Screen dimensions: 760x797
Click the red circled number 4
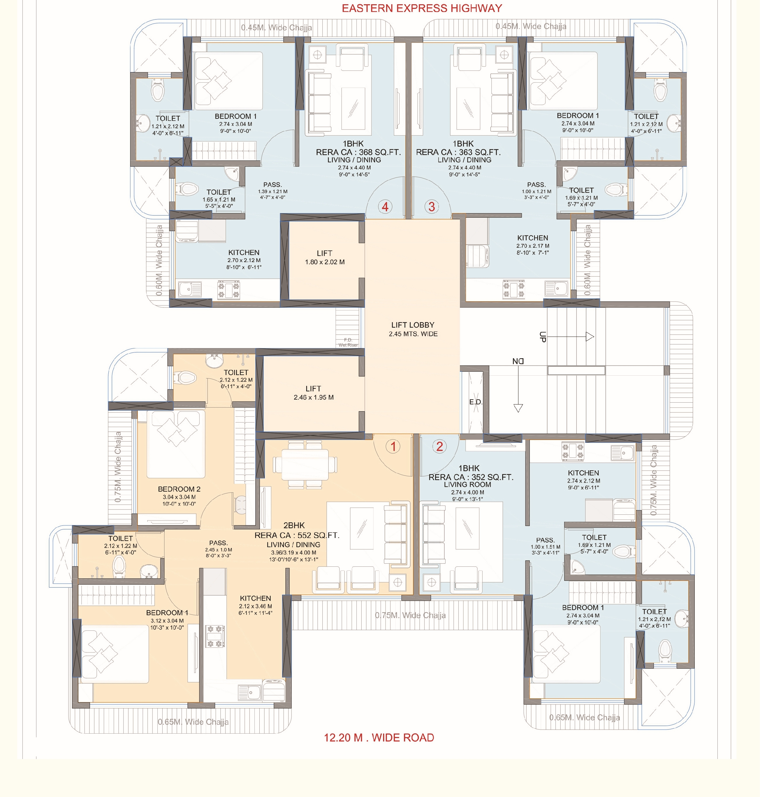pyautogui.click(x=385, y=207)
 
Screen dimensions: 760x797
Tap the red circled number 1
pyautogui.click(x=393, y=446)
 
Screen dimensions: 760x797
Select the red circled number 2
pyautogui.click(x=439, y=446)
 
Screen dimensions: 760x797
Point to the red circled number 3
pyautogui.click(x=432, y=207)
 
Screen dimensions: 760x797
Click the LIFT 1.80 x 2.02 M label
pyautogui.click(x=325, y=257)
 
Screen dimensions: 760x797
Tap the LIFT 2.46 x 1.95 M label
pyautogui.click(x=314, y=393)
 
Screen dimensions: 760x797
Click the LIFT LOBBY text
pyautogui.click(x=413, y=325)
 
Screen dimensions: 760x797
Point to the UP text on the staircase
pyautogui.click(x=543, y=337)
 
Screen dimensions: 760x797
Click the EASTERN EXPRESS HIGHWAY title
pyautogui.click(x=422, y=8)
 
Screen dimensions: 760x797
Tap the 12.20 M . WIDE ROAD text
pyautogui.click(x=379, y=737)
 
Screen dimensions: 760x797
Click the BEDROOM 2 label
pyautogui.click(x=179, y=489)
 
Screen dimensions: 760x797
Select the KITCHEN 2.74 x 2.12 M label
pyautogui.click(x=583, y=480)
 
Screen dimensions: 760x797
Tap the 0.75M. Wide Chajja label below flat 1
pyautogui.click(x=410, y=615)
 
